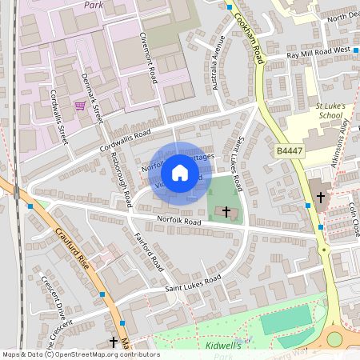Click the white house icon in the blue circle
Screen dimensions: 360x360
[180, 173]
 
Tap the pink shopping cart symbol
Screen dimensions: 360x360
[80, 105]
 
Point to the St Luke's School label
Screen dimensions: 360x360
[307, 110]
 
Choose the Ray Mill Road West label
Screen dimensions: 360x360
[318, 50]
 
